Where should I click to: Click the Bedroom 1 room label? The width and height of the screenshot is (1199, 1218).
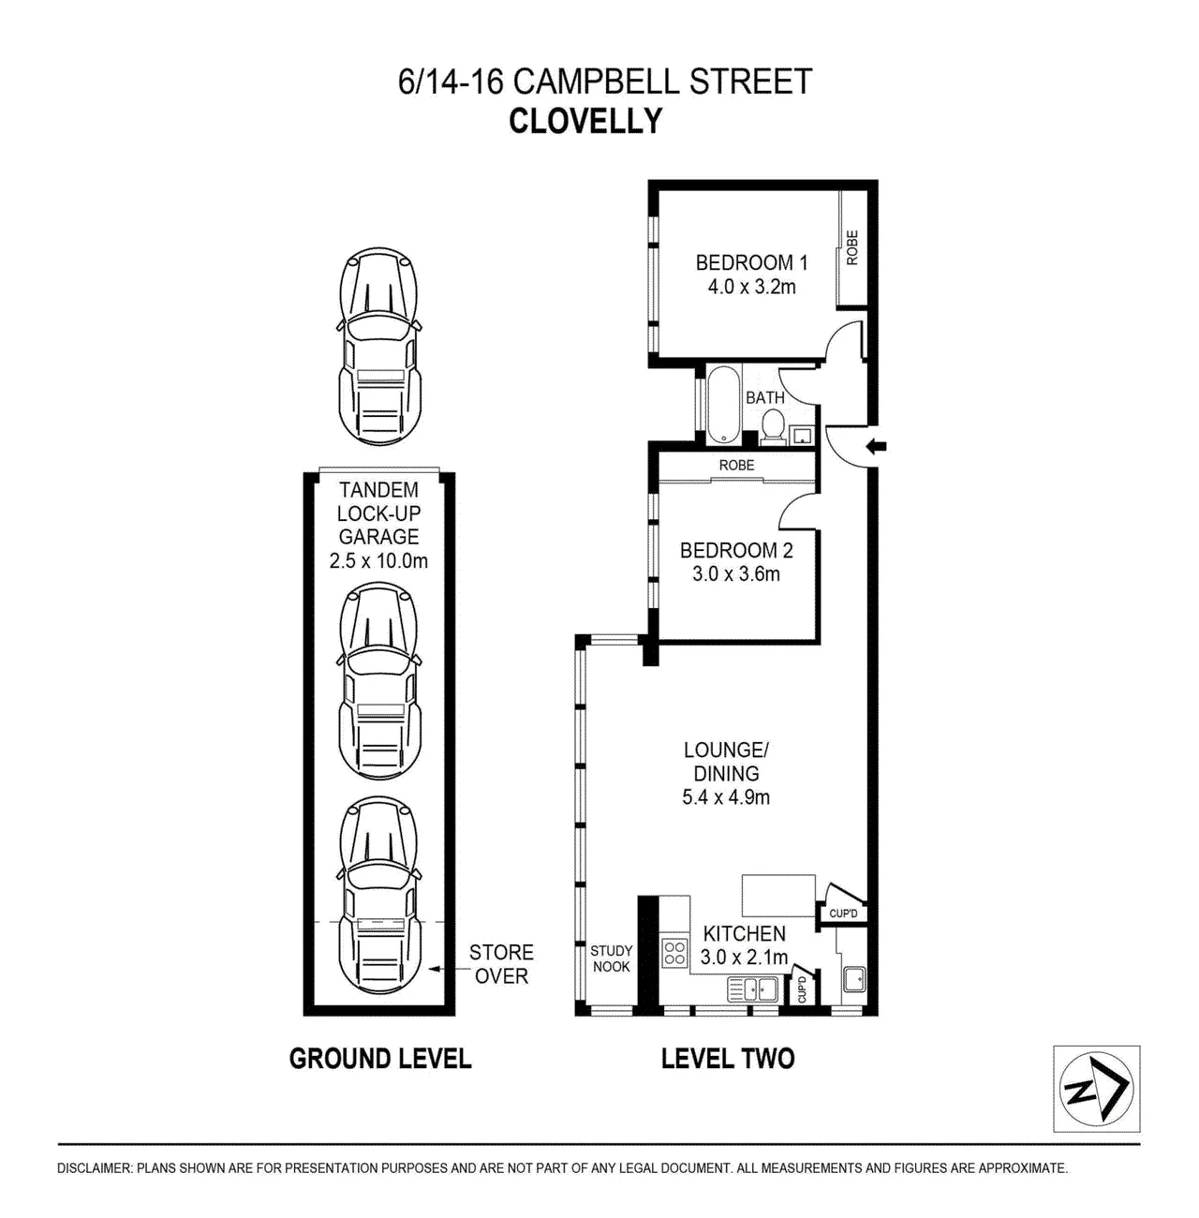point(751,262)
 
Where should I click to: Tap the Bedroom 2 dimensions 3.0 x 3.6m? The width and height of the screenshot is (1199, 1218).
point(736,574)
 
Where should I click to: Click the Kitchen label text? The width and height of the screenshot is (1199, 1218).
point(745,933)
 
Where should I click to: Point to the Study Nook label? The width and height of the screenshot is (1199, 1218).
point(611,958)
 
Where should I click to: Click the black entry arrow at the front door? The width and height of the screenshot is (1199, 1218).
point(877,447)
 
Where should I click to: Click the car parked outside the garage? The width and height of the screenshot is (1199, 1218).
point(379,346)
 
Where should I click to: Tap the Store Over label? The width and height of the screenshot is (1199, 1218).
point(501,964)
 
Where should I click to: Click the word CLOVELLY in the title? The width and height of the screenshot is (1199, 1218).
point(585,121)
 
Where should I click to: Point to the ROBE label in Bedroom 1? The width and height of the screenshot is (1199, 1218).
point(852,247)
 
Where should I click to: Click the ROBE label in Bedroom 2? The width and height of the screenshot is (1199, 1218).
point(737,466)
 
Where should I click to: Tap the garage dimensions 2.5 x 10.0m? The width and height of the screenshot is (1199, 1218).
point(378,560)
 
